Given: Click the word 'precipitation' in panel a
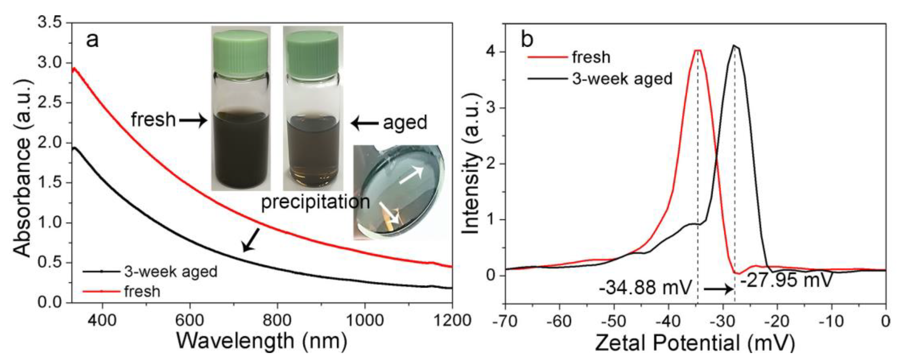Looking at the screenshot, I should [315, 202].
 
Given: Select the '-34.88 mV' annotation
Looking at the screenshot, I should [645, 288].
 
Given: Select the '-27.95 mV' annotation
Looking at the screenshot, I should [786, 280].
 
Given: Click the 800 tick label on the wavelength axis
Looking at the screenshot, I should [277, 320].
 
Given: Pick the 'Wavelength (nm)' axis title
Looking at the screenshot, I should [261, 341].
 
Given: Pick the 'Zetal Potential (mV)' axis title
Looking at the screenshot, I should [695, 342].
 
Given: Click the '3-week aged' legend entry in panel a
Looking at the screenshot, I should [171, 272].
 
